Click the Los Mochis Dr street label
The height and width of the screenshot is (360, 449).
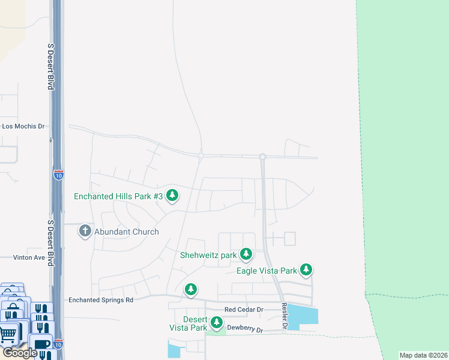click(x=24, y=127)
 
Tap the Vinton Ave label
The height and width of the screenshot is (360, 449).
click(x=29, y=257)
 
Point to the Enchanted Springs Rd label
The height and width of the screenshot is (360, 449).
click(x=100, y=299)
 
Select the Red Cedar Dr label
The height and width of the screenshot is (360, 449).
click(x=244, y=310)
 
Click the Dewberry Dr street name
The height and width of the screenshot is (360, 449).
click(x=246, y=329)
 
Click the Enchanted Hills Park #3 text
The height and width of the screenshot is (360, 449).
click(x=118, y=196)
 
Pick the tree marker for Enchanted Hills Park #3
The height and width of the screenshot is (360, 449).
click(x=172, y=196)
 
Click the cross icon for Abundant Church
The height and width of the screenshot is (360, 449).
click(x=85, y=231)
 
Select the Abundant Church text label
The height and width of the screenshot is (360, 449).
click(x=127, y=232)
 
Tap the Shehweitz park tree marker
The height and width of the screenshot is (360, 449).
click(x=246, y=255)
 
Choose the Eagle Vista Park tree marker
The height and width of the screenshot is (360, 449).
click(x=306, y=270)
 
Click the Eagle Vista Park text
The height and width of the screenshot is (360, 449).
click(x=267, y=271)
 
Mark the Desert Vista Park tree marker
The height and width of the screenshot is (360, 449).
click(x=215, y=324)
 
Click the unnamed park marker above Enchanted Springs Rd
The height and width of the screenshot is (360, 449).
click(x=191, y=290)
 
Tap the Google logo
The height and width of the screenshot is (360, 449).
click(x=19, y=353)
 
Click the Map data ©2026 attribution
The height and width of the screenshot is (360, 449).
click(x=423, y=355)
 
